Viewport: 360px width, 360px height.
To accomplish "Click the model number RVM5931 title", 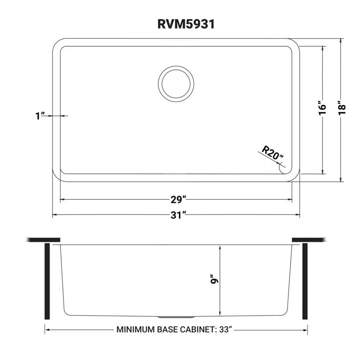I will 179,24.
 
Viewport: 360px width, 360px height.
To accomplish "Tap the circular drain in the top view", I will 175,83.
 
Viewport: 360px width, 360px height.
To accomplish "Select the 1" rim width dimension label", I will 40,115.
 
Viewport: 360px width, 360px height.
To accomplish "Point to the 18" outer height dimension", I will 341,108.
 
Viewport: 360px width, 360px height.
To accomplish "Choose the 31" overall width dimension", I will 177,216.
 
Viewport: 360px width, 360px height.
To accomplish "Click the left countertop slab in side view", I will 44,239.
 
